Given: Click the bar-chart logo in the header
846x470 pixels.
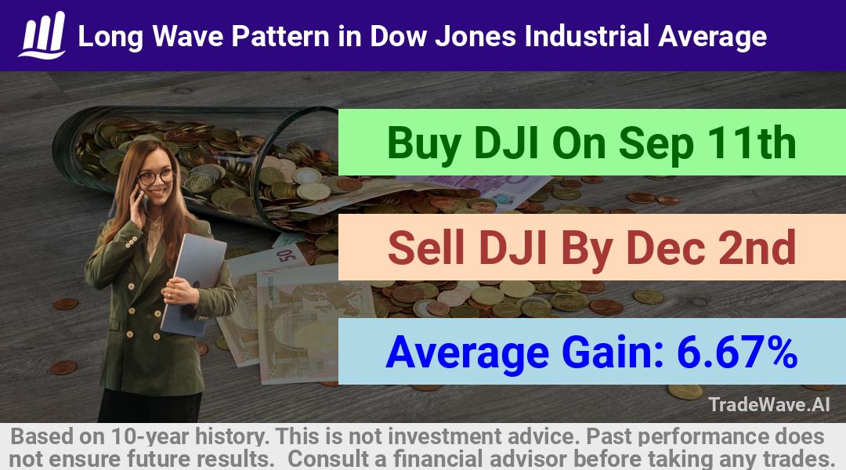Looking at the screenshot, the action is [x=42, y=35].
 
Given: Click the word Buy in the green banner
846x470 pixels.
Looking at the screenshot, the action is [x=425, y=143].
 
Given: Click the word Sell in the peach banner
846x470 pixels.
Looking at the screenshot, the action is [x=426, y=247].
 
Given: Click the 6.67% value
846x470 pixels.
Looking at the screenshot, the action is [x=737, y=352].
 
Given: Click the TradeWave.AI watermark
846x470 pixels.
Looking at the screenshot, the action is [x=769, y=404].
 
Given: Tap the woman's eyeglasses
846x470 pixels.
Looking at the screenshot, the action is [x=155, y=176].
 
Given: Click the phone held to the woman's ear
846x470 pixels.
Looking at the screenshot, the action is [x=143, y=201].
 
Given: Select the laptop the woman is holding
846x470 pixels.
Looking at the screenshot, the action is [x=193, y=284].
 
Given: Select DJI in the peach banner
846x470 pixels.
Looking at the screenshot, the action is [x=513, y=247].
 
